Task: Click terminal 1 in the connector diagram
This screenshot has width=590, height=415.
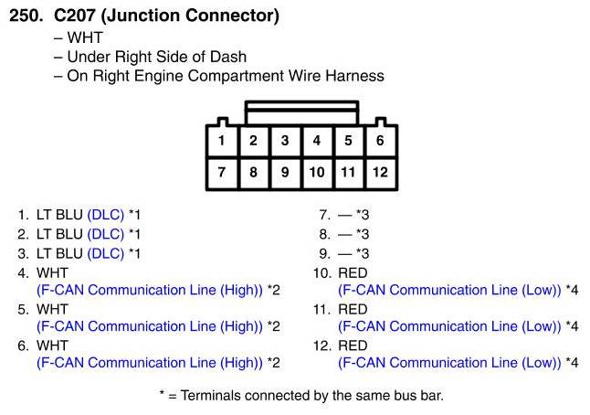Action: [222, 141]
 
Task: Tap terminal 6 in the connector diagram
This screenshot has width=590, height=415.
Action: [380, 141]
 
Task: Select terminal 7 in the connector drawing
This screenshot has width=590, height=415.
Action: [222, 172]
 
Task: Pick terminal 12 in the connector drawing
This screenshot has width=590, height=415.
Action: [380, 172]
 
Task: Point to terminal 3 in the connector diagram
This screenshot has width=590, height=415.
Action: [285, 141]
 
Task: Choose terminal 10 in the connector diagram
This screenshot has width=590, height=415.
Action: [317, 172]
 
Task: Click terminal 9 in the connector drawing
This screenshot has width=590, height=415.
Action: [285, 172]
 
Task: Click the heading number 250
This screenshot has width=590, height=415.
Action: [26, 16]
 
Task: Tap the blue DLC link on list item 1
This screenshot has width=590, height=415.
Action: [105, 215]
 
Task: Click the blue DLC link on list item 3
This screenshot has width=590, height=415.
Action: [105, 253]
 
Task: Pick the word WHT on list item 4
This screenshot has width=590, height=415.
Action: [52, 272]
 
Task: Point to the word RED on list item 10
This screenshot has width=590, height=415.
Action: [353, 272]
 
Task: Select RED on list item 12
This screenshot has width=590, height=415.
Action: [353, 346]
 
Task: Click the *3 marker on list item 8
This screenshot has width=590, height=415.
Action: [363, 234]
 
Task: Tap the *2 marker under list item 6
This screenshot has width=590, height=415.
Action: [273, 363]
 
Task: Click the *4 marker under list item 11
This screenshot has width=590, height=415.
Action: [572, 326]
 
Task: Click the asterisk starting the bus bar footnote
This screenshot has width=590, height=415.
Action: [163, 396]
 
